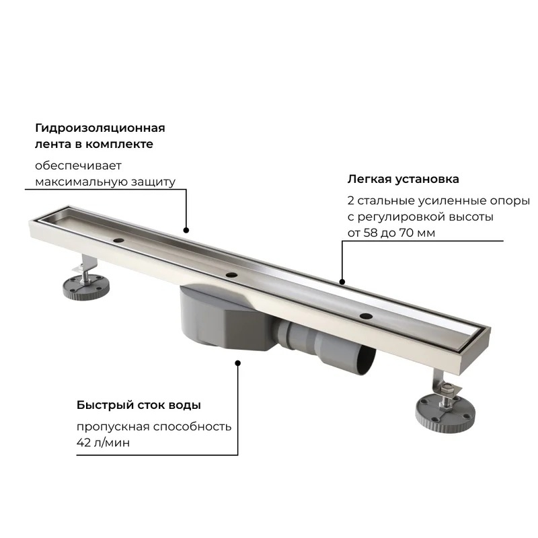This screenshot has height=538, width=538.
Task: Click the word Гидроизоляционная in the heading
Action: click(100, 128)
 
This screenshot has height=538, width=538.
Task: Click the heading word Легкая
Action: click(369, 180)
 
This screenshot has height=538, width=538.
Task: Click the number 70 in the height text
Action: click(406, 233)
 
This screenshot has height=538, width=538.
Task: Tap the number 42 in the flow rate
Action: click(83, 443)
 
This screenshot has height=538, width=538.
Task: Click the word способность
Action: click(192, 427)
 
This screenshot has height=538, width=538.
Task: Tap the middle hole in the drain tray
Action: click(231, 275)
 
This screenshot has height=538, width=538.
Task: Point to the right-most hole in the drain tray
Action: click(366, 315)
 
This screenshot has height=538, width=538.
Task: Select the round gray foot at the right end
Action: click(445, 414)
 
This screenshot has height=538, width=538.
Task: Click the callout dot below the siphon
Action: click(237, 363)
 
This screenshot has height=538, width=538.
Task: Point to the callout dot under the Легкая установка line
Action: click(342, 282)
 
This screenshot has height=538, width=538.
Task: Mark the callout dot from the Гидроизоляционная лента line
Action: click(186, 230)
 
